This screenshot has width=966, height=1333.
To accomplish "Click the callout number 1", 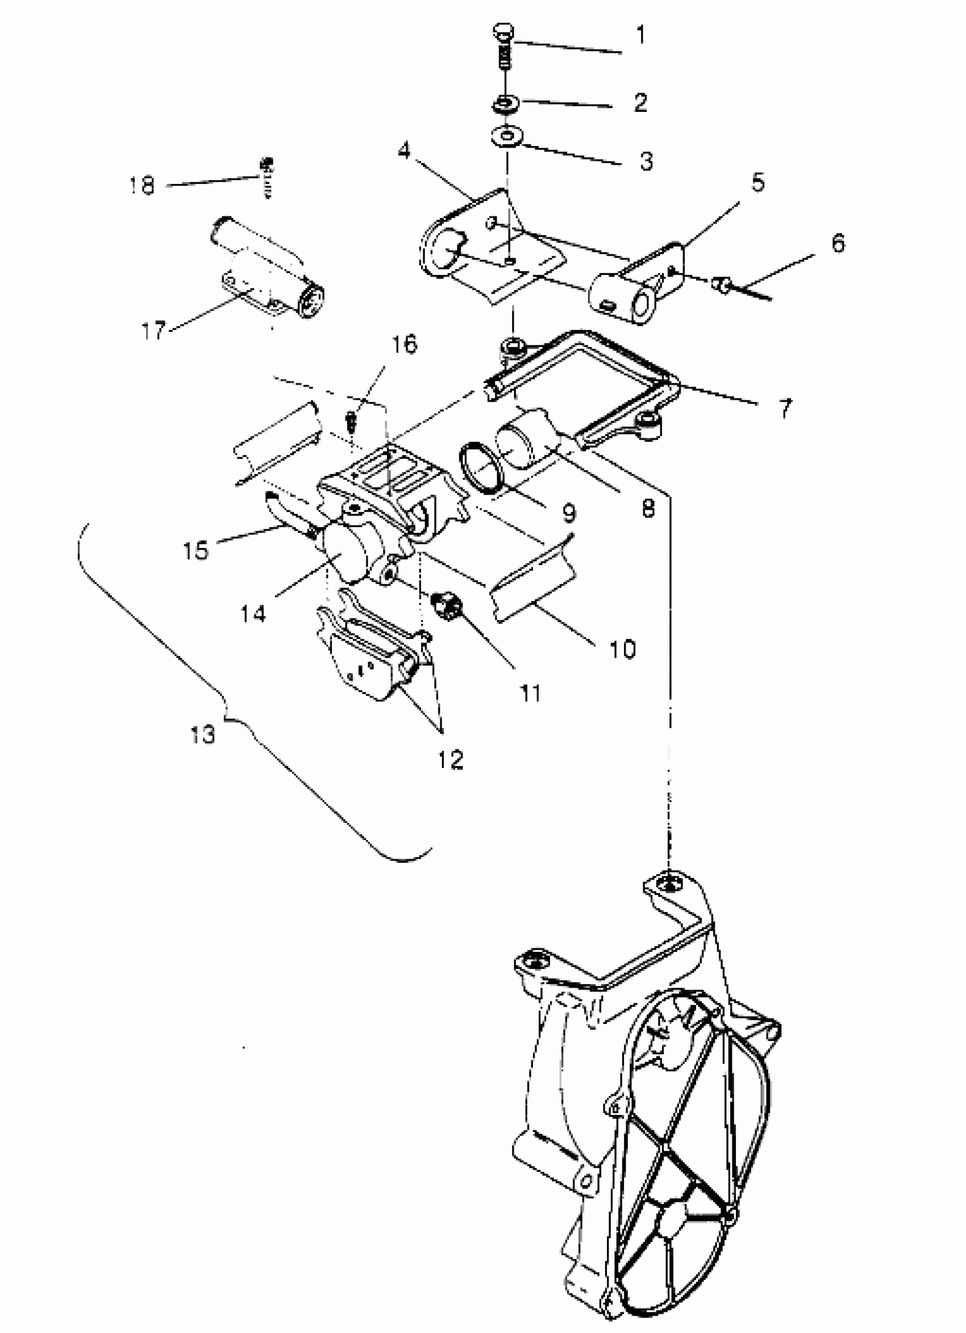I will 640,35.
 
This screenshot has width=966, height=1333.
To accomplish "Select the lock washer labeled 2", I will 506,105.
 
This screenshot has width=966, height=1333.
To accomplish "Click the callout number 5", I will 758,183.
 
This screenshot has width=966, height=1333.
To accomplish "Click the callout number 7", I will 785,407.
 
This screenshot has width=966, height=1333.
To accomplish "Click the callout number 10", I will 623,649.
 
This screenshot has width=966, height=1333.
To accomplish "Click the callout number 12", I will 451,759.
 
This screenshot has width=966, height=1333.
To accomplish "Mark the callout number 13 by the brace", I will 203,734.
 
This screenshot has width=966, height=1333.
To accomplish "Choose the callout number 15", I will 195,550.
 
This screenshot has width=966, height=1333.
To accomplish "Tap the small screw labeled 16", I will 352,421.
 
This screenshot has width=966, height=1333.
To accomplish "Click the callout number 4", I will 403,151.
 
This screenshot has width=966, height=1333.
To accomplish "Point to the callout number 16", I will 404,344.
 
